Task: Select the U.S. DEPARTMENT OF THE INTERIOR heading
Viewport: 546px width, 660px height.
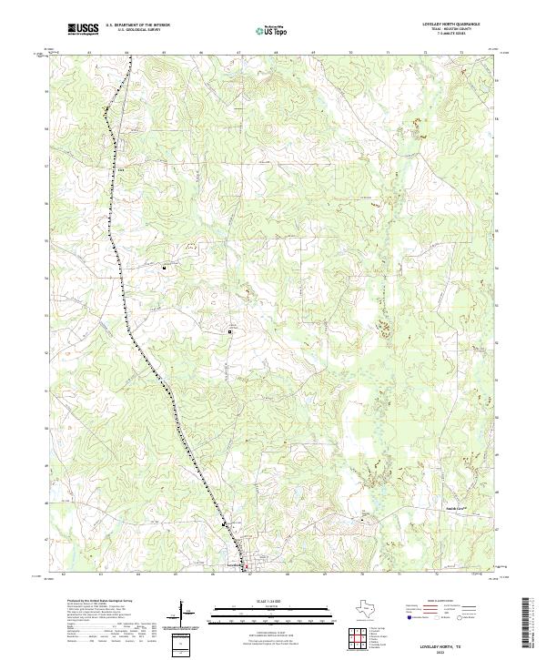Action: (137, 25)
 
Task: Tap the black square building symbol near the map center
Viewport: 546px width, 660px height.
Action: (230, 332)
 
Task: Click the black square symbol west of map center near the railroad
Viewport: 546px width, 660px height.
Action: (165, 269)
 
